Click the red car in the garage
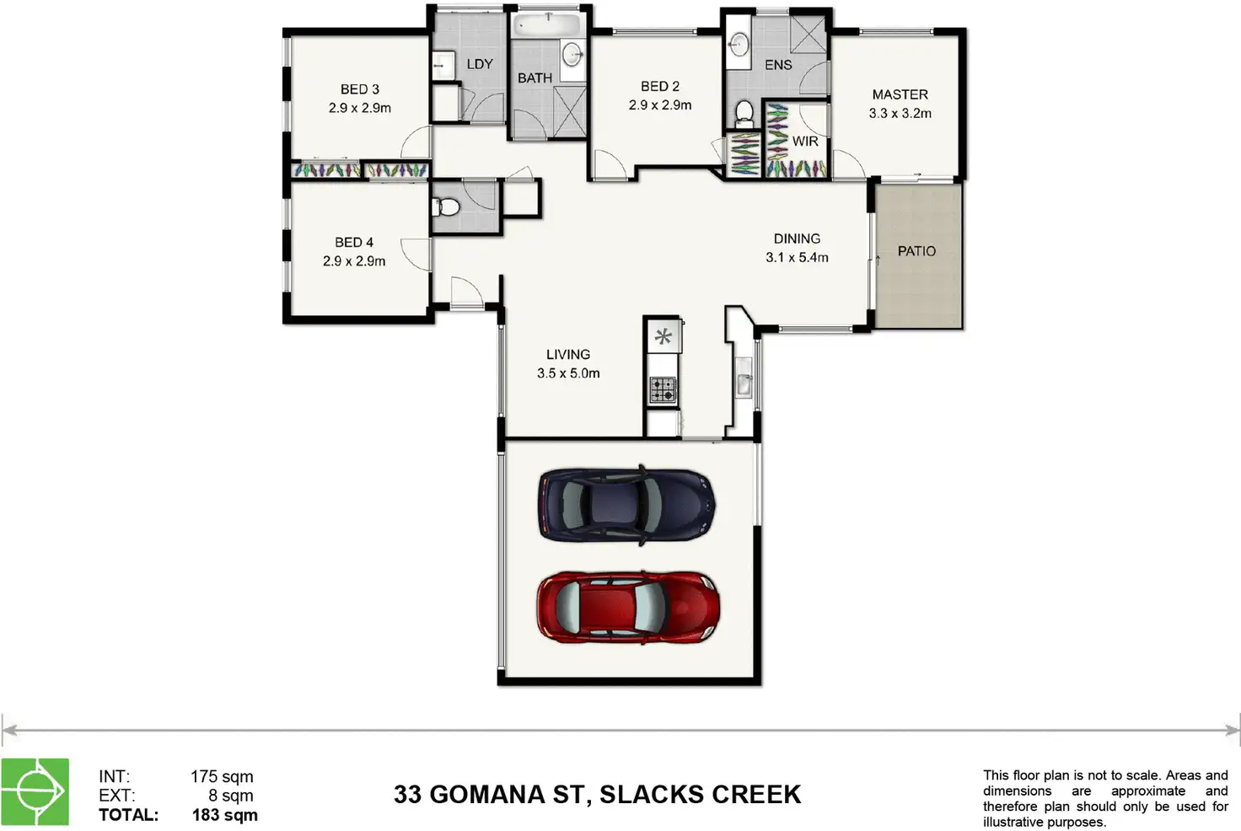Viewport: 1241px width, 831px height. coord(628,607)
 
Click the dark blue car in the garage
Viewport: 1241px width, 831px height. coord(626,505)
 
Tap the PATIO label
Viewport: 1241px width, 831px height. coord(916,251)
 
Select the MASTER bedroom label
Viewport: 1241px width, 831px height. coord(900,94)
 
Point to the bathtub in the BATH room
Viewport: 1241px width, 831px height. coord(547,25)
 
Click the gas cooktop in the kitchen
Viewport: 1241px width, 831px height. coord(663,389)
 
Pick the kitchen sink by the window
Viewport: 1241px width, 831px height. coord(744,378)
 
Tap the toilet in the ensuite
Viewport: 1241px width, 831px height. coord(744,113)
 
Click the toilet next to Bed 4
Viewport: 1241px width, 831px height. coord(446,207)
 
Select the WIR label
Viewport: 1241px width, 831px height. coord(805,142)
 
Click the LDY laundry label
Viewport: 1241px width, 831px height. coord(479,64)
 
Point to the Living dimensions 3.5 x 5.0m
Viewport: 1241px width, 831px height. coord(568,373)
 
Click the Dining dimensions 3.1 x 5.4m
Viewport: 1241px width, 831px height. coord(797,258)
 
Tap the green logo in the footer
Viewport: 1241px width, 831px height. coord(35,791)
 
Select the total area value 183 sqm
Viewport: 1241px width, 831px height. coord(225,816)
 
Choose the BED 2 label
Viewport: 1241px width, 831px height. coord(660,87)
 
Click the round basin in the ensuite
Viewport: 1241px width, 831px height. coord(739,44)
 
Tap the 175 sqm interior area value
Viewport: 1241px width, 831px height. coord(223,777)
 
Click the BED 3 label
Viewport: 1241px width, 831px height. coord(359,89)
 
